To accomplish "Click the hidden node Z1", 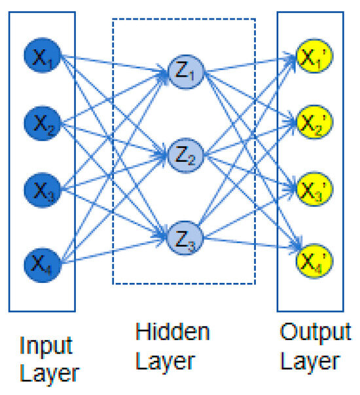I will [x=185, y=71].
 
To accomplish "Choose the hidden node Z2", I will [x=185, y=155].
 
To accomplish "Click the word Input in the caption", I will [x=46, y=345].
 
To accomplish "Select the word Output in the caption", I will [x=315, y=332].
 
